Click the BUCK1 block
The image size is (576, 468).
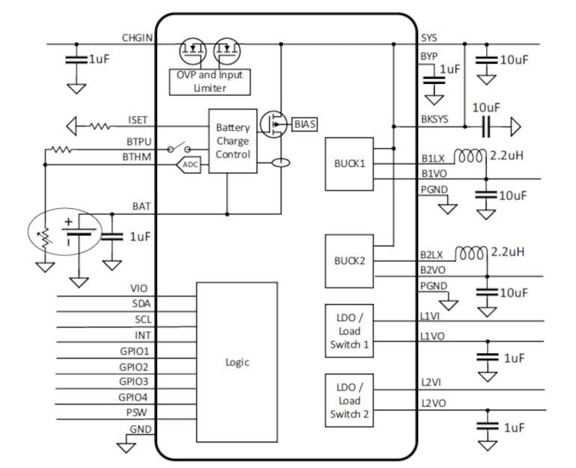(348, 164)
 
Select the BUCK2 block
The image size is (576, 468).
(348, 261)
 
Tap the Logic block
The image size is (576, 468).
(237, 362)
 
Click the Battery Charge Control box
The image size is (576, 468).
(233, 141)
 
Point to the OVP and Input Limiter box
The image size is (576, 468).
(210, 82)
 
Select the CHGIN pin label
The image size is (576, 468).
(138, 37)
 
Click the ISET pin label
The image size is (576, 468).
(138, 120)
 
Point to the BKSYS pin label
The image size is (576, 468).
(434, 120)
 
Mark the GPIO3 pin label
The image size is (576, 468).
(134, 382)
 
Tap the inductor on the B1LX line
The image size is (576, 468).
(471, 157)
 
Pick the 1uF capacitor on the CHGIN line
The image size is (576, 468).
(76, 58)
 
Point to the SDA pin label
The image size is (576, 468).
(139, 303)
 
